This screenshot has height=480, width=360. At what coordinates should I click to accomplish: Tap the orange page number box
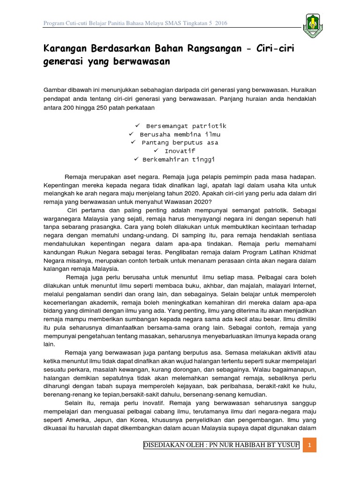(309, 445)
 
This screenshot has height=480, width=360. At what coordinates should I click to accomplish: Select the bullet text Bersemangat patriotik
(186, 126)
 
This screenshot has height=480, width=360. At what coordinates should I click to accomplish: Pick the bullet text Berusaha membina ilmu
(180, 135)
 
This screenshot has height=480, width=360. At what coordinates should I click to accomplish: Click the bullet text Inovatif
(180, 151)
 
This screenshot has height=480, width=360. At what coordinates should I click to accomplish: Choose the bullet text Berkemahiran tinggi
(180, 159)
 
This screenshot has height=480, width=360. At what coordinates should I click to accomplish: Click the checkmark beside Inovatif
(157, 151)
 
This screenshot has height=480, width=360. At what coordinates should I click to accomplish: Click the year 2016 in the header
(220, 23)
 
